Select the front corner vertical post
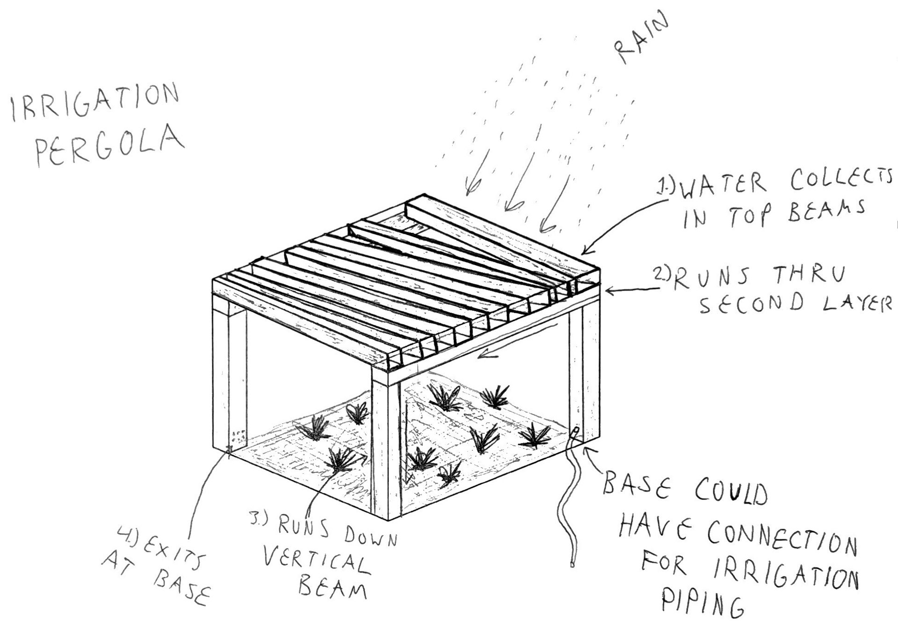click(386, 449)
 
